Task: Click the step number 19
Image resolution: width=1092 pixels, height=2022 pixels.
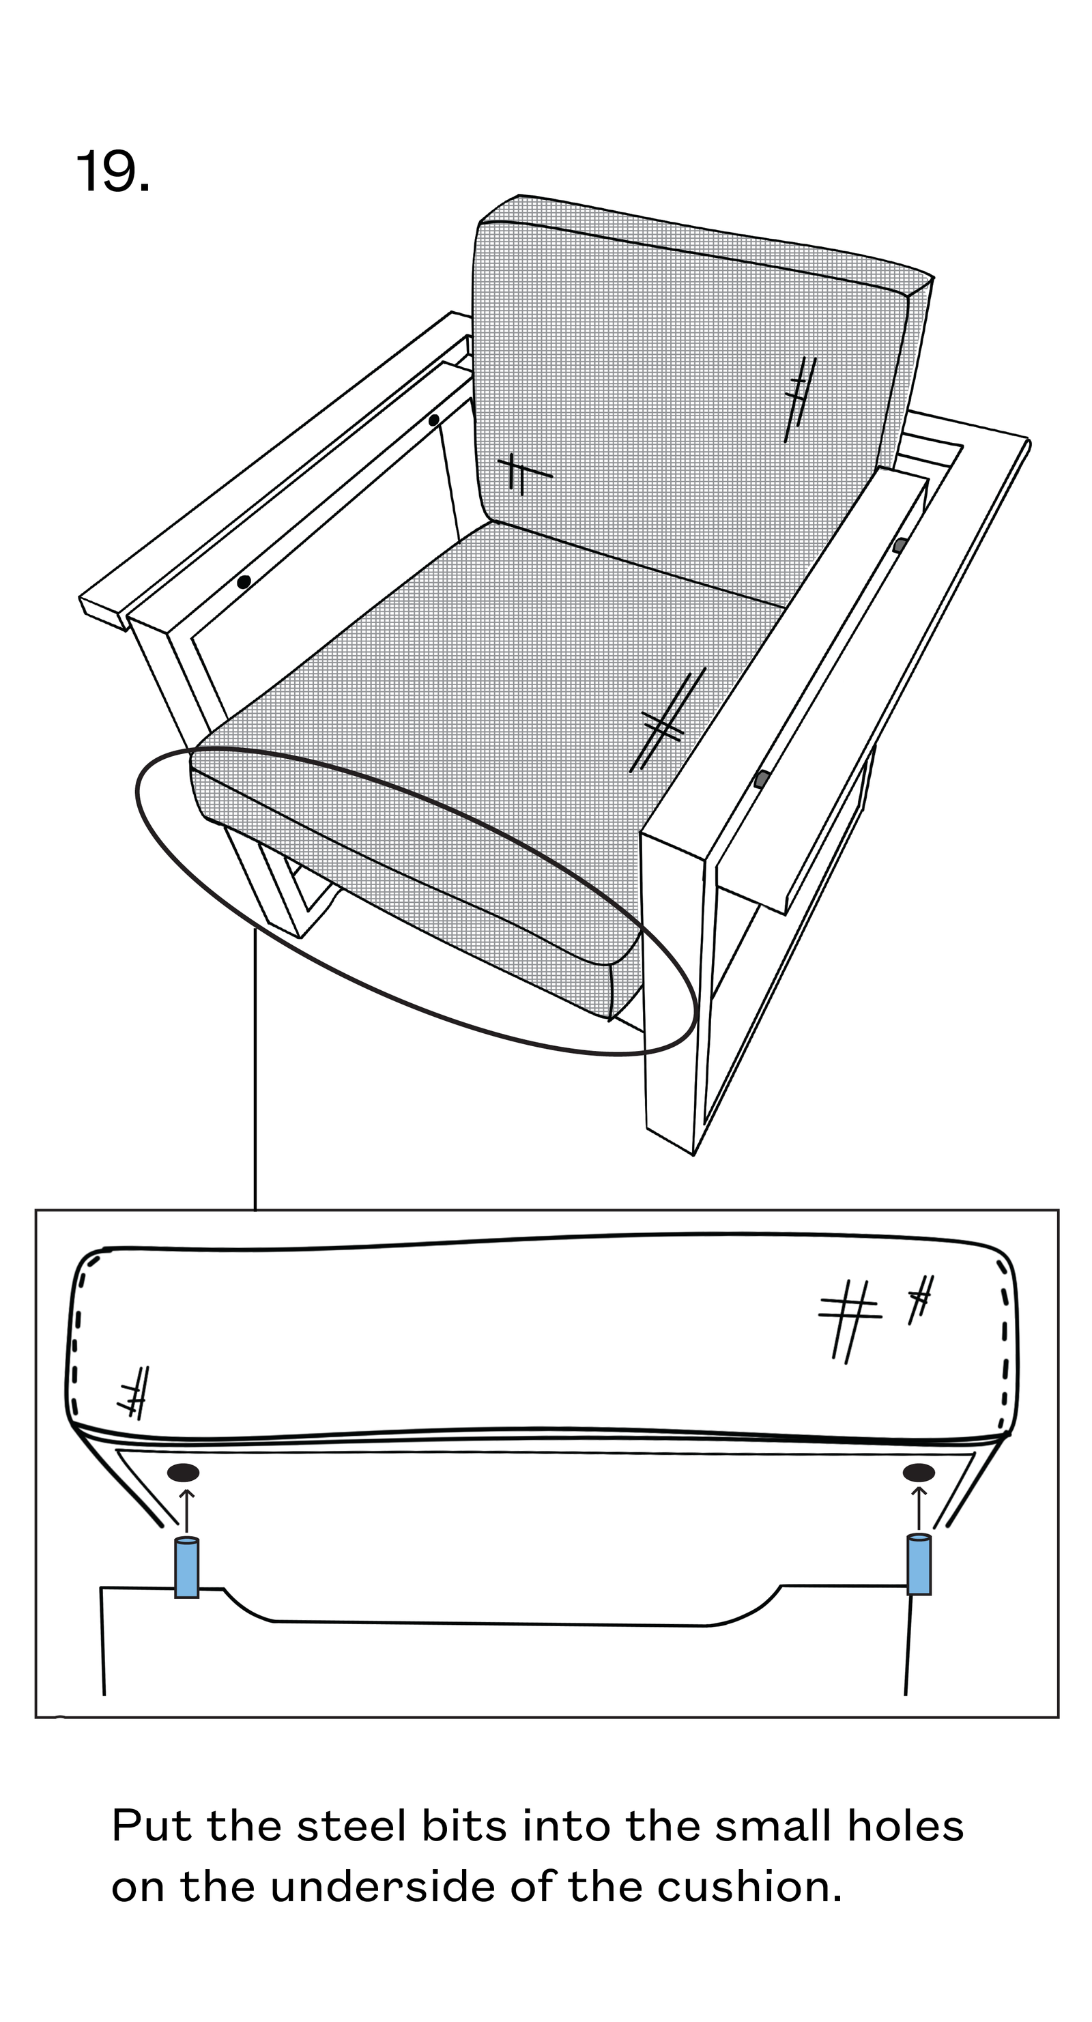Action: point(112,171)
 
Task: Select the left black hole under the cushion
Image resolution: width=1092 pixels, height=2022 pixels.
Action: point(184,1473)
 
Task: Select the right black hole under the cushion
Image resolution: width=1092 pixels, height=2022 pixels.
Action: point(919,1473)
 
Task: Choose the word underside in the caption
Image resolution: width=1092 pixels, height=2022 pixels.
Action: point(383,1886)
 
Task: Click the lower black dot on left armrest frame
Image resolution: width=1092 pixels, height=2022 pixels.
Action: point(244,581)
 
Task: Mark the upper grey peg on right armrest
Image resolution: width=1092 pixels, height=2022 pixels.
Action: point(900,545)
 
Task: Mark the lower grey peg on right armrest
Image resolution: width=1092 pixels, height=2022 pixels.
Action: point(761,779)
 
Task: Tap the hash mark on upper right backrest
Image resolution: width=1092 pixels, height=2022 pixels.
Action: point(800,399)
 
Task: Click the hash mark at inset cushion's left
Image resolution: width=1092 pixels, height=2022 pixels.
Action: point(134,1391)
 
